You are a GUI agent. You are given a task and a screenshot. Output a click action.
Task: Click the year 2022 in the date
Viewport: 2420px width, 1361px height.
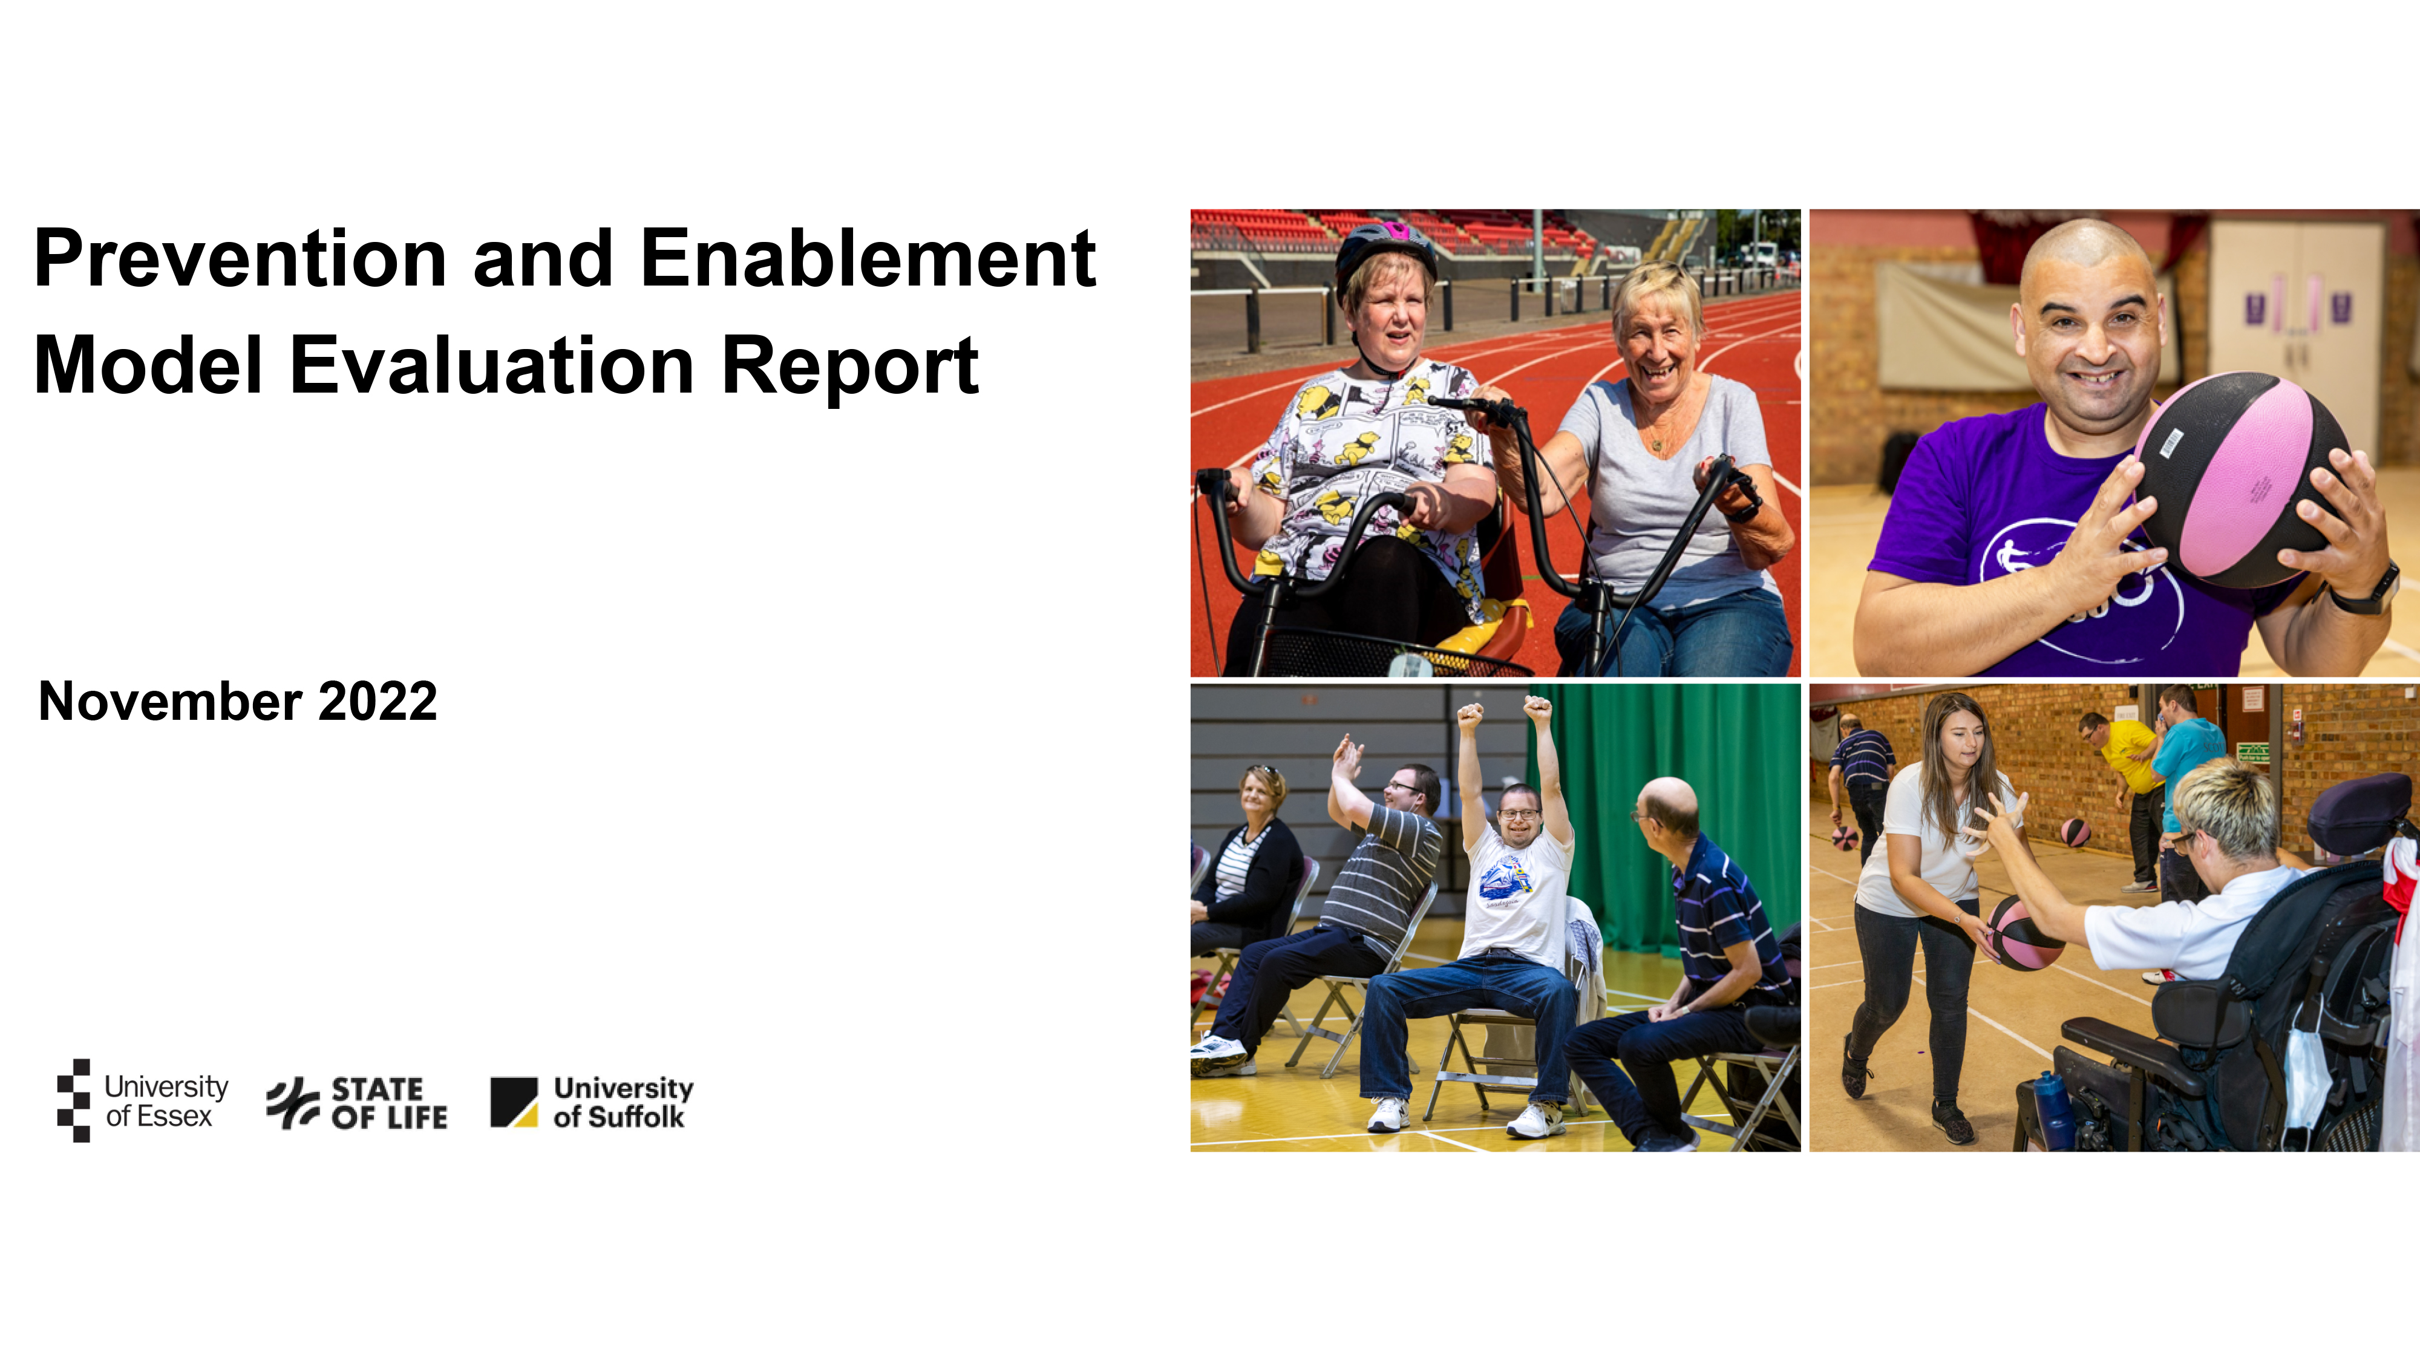[x=378, y=702]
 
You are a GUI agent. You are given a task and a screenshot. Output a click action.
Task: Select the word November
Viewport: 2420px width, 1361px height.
[x=170, y=702]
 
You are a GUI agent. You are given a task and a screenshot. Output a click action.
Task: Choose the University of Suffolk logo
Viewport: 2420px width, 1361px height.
[x=592, y=1102]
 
